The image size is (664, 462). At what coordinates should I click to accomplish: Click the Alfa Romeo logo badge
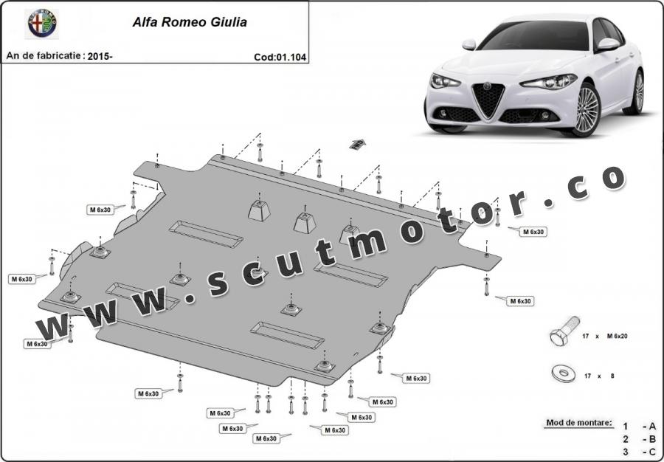pyautogui.click(x=42, y=24)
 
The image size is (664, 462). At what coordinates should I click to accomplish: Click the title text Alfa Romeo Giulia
pyautogui.click(x=190, y=22)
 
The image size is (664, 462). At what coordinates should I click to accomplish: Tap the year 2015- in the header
pyautogui.click(x=100, y=56)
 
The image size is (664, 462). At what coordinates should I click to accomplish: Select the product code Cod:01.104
pyautogui.click(x=280, y=57)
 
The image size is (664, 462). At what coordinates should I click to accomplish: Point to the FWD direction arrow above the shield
pyautogui.click(x=357, y=144)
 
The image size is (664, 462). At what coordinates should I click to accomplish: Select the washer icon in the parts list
pyautogui.click(x=564, y=373)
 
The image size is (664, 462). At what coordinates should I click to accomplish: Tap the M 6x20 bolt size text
pyautogui.click(x=617, y=337)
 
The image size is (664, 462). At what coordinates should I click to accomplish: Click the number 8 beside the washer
pyautogui.click(x=612, y=376)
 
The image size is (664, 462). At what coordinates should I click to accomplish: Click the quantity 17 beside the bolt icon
pyautogui.click(x=586, y=337)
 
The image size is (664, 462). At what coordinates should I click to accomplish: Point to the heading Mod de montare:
pyautogui.click(x=579, y=423)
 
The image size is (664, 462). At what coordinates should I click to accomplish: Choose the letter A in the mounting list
pyautogui.click(x=652, y=427)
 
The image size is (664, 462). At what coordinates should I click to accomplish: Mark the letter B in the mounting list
pyautogui.click(x=652, y=440)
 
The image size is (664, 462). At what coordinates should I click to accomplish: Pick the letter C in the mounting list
pyautogui.click(x=652, y=452)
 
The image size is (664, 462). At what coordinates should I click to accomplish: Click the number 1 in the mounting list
pyautogui.click(x=626, y=427)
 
